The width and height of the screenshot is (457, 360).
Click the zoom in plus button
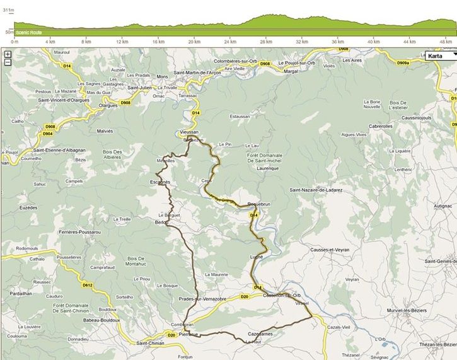[x=7, y=54]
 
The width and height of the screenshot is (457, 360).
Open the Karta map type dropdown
[x=440, y=55]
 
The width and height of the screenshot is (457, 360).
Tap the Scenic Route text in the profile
[x=28, y=32]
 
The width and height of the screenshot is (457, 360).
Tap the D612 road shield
[x=87, y=285]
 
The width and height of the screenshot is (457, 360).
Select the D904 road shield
[x=48, y=134]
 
